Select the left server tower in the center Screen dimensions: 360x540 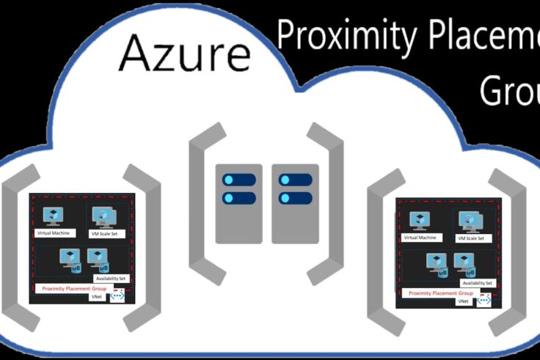(x=239, y=203)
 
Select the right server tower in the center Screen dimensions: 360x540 (x=295, y=203)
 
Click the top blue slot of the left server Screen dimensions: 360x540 (x=239, y=180)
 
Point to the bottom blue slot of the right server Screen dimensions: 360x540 (x=296, y=198)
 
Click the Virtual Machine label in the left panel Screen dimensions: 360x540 (x=56, y=233)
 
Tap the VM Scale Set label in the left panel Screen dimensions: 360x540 (x=108, y=234)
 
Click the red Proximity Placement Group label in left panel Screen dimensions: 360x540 (x=74, y=289)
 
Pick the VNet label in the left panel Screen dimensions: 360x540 (x=96, y=297)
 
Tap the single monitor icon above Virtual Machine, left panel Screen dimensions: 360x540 (x=54, y=216)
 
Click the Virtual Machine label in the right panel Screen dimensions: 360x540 (x=420, y=238)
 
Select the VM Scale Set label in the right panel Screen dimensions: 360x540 (x=472, y=238)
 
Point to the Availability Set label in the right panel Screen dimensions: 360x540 (x=478, y=283)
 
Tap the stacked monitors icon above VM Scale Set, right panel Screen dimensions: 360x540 (x=470, y=221)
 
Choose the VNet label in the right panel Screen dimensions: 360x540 (x=463, y=301)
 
